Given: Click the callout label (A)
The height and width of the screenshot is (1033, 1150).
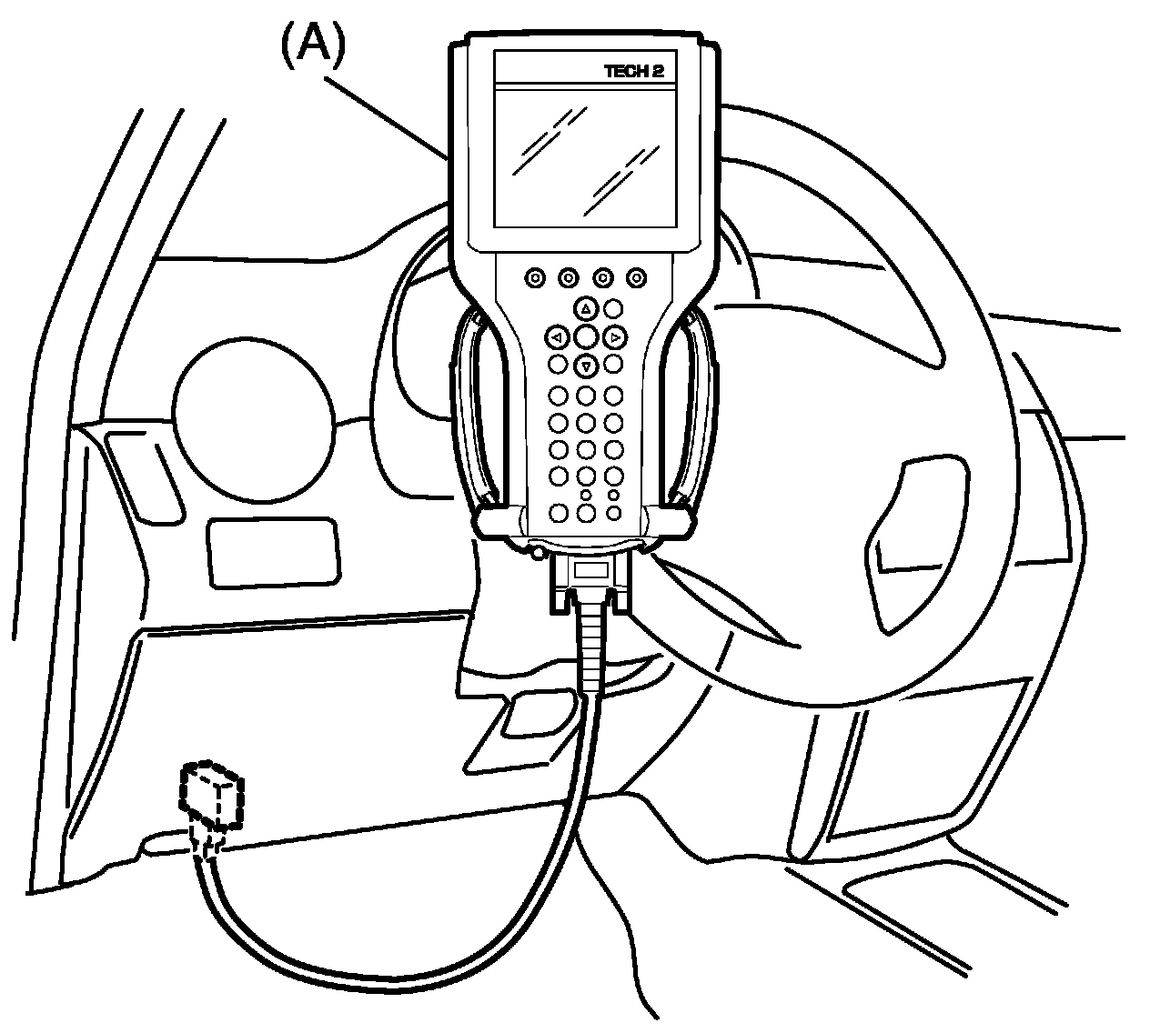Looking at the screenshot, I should pos(312,46).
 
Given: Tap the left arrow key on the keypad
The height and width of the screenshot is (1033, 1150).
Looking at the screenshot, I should pos(557,338).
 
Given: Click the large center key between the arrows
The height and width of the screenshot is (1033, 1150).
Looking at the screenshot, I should pos(586,337).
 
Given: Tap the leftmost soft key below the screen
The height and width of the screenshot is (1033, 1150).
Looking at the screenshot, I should pos(535,277).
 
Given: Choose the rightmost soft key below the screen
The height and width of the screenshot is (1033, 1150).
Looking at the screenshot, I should pos(636,277).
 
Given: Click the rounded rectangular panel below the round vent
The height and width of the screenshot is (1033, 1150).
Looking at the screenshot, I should pos(274,551).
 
